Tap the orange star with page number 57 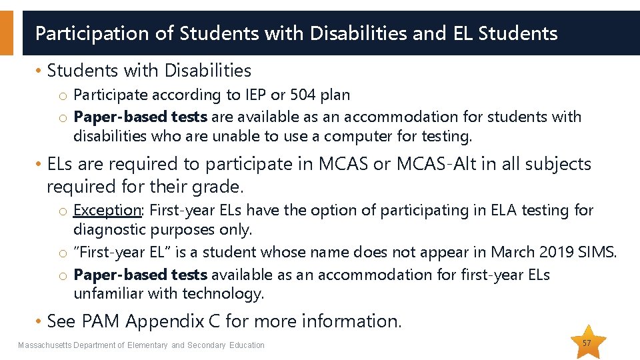tap(587, 343)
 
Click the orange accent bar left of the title tap(6, 33)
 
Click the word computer tap(351, 136)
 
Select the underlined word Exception tap(107, 210)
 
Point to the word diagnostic tap(110, 230)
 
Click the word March tap(513, 252)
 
